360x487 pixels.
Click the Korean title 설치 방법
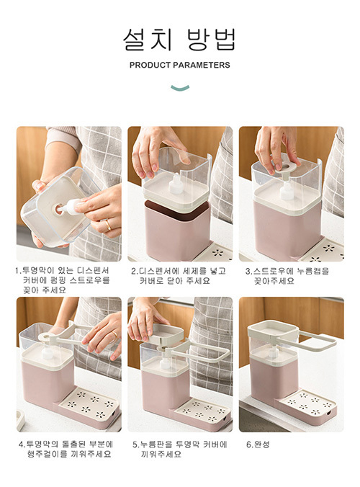click(x=180, y=39)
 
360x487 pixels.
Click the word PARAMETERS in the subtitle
click(x=202, y=66)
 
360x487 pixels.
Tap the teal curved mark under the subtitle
click(x=180, y=88)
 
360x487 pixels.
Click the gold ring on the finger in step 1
click(x=108, y=225)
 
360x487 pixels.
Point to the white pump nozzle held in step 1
click(x=69, y=207)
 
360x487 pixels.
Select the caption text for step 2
click(x=178, y=276)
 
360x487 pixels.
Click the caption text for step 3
click(x=287, y=276)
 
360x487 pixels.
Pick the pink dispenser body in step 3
click(x=287, y=230)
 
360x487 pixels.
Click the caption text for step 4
click(x=66, y=449)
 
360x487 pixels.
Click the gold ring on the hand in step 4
click(x=114, y=334)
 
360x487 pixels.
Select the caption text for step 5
click(x=180, y=449)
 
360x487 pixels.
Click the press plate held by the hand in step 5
click(x=168, y=334)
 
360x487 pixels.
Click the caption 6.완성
click(x=258, y=444)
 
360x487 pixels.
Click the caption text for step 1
click(x=63, y=280)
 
